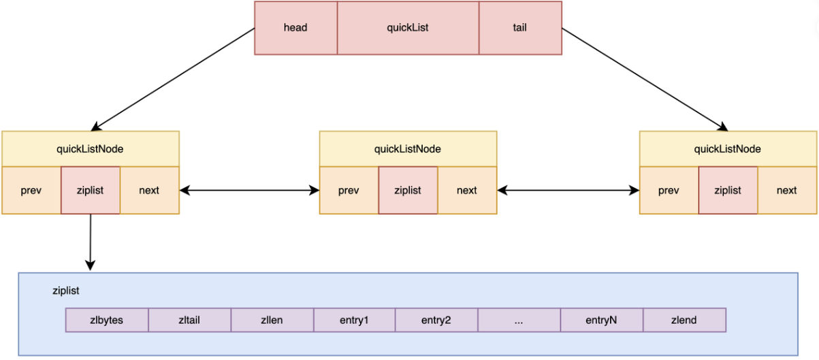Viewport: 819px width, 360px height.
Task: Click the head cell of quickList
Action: tap(295, 28)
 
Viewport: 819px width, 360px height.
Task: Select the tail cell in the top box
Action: tap(520, 28)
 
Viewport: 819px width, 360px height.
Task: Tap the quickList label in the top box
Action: tap(408, 28)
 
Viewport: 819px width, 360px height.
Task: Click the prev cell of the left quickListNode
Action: tap(31, 191)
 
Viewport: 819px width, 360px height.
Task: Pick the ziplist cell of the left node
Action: tap(90, 191)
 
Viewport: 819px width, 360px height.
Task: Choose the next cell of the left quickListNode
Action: tap(149, 191)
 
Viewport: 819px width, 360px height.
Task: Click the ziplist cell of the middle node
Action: tap(408, 191)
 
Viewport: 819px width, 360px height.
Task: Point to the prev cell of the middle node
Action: tap(349, 191)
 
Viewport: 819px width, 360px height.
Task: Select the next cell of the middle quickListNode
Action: tap(467, 191)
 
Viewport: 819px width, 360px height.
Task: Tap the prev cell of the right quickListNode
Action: tap(669, 191)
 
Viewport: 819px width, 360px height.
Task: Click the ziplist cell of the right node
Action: tap(728, 191)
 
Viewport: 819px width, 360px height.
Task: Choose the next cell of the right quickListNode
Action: tap(787, 191)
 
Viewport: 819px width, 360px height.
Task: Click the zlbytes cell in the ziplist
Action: tap(107, 320)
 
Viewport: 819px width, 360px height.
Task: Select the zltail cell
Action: tap(189, 320)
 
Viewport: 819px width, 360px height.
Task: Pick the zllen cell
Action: tap(272, 320)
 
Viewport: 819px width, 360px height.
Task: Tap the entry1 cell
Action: tap(354, 320)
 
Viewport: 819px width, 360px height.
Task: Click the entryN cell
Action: tap(601, 320)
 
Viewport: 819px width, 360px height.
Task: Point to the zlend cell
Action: tap(684, 320)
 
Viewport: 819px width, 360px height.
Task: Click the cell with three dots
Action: tap(519, 320)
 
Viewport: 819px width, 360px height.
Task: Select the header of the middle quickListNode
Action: tap(408, 149)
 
